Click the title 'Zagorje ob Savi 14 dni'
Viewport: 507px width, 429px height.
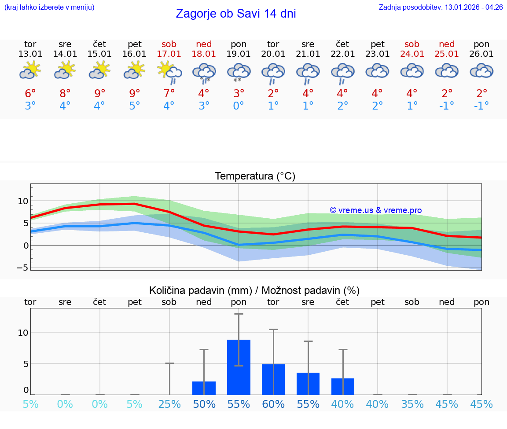(236, 14)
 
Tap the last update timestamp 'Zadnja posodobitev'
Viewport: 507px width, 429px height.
(441, 7)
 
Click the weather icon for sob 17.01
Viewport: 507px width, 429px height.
(169, 72)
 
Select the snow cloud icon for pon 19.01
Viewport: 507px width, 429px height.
(239, 72)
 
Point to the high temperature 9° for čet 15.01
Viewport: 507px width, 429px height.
(100, 94)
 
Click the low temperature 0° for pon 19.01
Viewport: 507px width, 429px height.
(239, 106)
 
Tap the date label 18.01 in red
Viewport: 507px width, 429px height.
(204, 54)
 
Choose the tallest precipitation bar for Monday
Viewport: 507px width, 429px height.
(239, 367)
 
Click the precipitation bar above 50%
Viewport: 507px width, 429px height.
(204, 388)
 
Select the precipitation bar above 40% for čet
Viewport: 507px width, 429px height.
(342, 386)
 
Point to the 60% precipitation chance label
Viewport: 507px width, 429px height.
(273, 404)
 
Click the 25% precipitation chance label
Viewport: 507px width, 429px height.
(169, 404)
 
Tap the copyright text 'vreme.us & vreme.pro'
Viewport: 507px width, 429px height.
(375, 210)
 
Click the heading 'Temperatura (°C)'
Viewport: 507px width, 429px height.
(255, 176)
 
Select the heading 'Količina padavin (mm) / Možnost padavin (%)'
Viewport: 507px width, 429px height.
(254, 290)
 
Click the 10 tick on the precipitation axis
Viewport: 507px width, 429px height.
(23, 332)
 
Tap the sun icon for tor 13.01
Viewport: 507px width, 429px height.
(30, 71)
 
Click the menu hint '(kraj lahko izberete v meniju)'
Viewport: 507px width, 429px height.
(49, 7)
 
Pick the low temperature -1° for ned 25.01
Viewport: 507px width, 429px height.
(447, 106)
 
